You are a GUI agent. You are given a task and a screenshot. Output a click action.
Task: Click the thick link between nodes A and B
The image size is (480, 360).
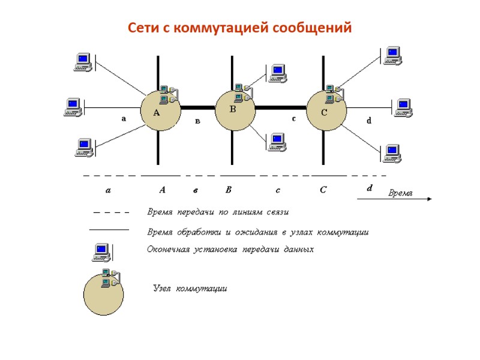click(197, 109)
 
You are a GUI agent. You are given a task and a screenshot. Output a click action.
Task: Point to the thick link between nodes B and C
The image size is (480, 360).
click(281, 109)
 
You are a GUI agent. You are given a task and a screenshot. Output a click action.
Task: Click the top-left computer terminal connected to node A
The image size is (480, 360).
click(82, 62)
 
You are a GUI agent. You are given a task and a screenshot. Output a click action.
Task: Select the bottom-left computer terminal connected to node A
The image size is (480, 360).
click(83, 147)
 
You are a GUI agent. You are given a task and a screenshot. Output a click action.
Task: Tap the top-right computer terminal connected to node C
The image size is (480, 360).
click(392, 56)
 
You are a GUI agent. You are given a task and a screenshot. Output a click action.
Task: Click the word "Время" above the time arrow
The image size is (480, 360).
click(401, 193)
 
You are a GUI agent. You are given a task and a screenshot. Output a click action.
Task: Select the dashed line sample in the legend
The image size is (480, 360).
click(112, 212)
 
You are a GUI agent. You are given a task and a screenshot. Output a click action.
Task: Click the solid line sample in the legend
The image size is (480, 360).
click(109, 229)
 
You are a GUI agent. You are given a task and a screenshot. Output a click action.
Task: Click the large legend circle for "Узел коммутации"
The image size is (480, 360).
click(103, 293)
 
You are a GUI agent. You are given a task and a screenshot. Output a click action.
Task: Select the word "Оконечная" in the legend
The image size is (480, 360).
click(169, 249)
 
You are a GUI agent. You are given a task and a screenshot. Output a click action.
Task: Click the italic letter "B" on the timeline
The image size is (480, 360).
click(229, 190)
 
